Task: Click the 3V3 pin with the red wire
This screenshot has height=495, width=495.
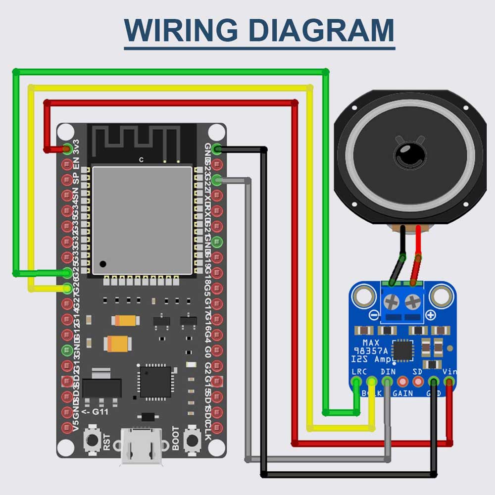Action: click(x=67, y=148)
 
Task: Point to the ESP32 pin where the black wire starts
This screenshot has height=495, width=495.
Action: click(x=216, y=148)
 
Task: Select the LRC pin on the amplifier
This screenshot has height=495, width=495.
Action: click(x=356, y=382)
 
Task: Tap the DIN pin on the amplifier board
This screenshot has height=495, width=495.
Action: click(x=388, y=382)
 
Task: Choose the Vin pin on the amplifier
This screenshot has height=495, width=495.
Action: click(x=449, y=382)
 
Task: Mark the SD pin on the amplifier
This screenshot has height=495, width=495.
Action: click(x=418, y=382)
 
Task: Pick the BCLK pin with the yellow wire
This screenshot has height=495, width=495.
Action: click(x=372, y=382)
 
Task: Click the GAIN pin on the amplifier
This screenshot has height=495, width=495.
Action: click(x=403, y=382)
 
